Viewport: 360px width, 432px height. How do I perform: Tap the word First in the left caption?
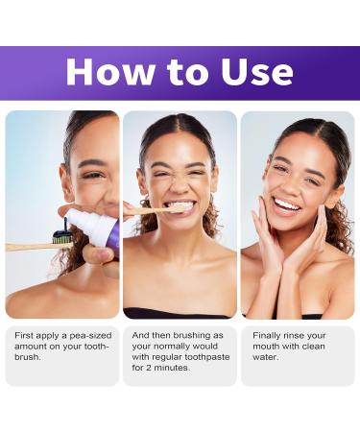(x=23, y=334)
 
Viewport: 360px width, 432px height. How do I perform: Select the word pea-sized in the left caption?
(x=83, y=334)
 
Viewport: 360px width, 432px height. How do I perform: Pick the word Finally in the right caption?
(x=264, y=334)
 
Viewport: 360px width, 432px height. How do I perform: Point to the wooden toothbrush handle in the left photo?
(x=27, y=247)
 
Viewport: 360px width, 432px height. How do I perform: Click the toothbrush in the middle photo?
(x=154, y=208)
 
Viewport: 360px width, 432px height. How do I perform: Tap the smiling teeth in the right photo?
(x=287, y=204)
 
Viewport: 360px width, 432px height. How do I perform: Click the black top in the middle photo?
(x=179, y=313)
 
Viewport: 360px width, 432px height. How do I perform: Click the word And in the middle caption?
(x=139, y=334)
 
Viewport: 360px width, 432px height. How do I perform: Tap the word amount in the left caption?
(x=32, y=346)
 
